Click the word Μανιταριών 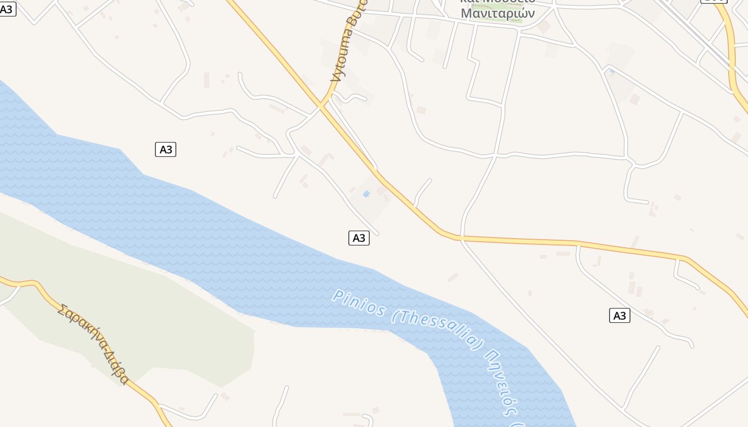497,13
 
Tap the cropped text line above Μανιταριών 497,2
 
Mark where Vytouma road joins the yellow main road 322,105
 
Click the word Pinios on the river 359,303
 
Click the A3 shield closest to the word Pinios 359,238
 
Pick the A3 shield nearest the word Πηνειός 620,315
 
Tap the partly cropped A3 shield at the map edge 7,9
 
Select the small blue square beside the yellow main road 366,194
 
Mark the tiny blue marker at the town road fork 612,70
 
